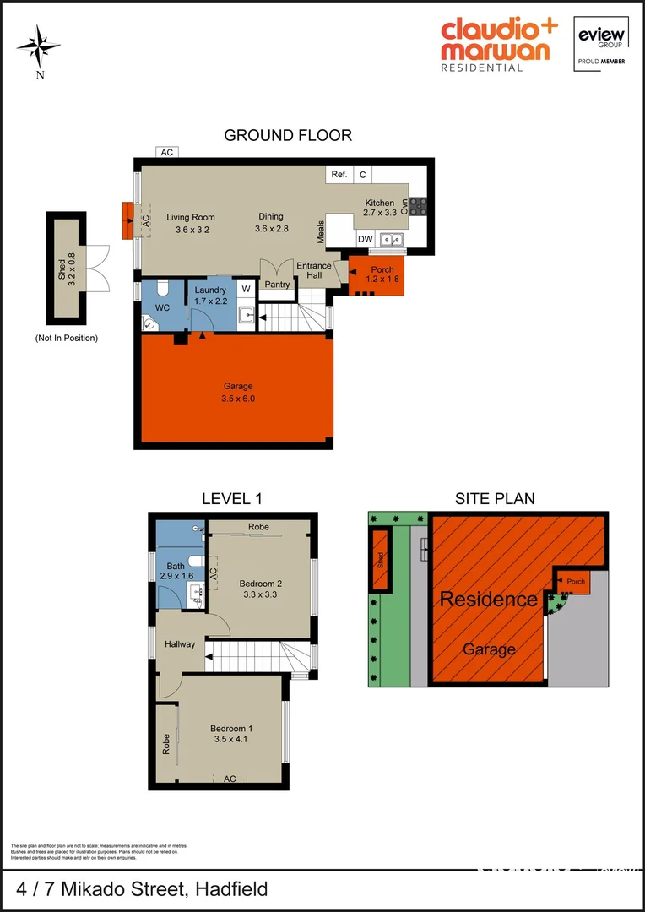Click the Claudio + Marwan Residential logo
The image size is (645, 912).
[498, 45]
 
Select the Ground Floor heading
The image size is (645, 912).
[288, 135]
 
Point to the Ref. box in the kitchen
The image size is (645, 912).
[339, 175]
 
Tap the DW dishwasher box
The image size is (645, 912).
[365, 240]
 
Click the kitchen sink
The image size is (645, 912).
[391, 240]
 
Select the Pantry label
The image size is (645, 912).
[277, 285]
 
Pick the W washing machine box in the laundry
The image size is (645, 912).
[247, 290]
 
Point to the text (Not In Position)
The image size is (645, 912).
[67, 338]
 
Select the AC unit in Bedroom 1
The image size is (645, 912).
[230, 779]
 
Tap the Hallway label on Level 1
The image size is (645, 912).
[180, 644]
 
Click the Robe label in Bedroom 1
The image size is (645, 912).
[166, 743]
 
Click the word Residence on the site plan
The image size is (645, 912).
[488, 600]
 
